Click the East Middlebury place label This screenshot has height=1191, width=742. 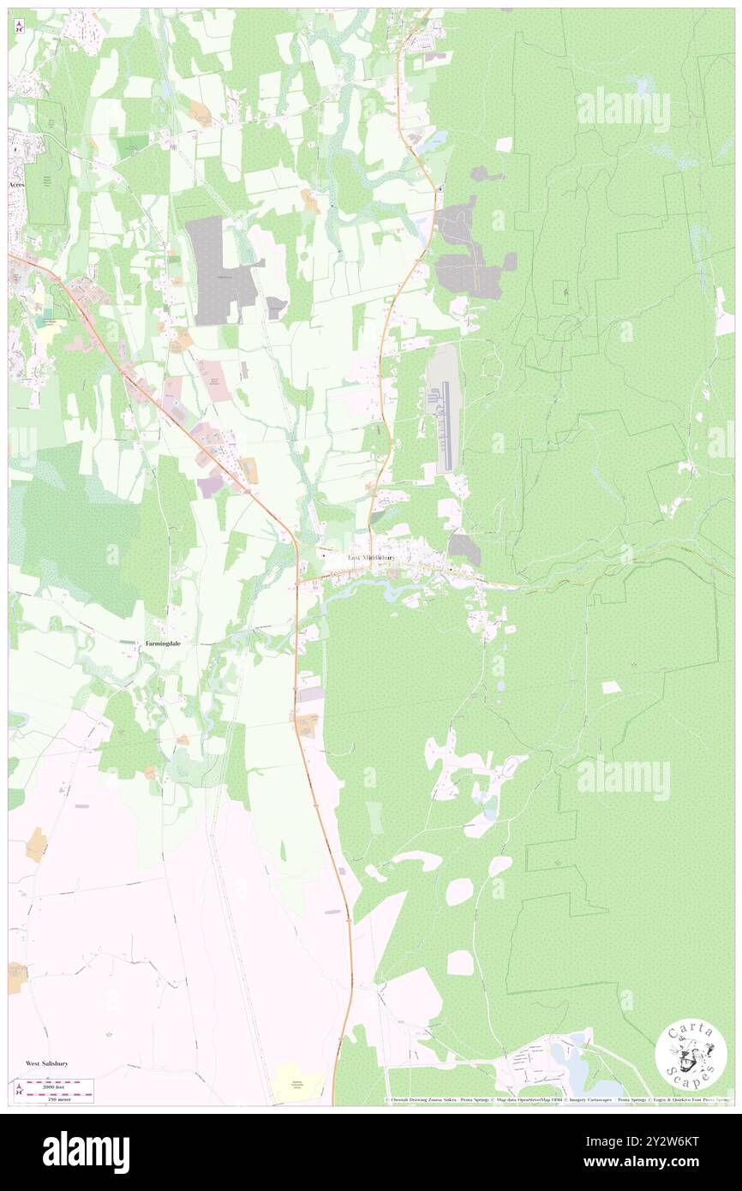371,558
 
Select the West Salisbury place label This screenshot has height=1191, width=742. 46,1062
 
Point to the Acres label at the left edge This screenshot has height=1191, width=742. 17,184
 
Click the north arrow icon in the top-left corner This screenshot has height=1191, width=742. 19,25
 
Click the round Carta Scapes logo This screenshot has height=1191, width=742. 691,1057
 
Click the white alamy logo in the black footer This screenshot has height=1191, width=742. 86,1151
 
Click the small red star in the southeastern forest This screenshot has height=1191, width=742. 634,665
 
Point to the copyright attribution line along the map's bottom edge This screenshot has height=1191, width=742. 557,1099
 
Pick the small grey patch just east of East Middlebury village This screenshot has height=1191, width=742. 464,549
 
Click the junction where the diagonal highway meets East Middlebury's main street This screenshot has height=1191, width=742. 297,584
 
